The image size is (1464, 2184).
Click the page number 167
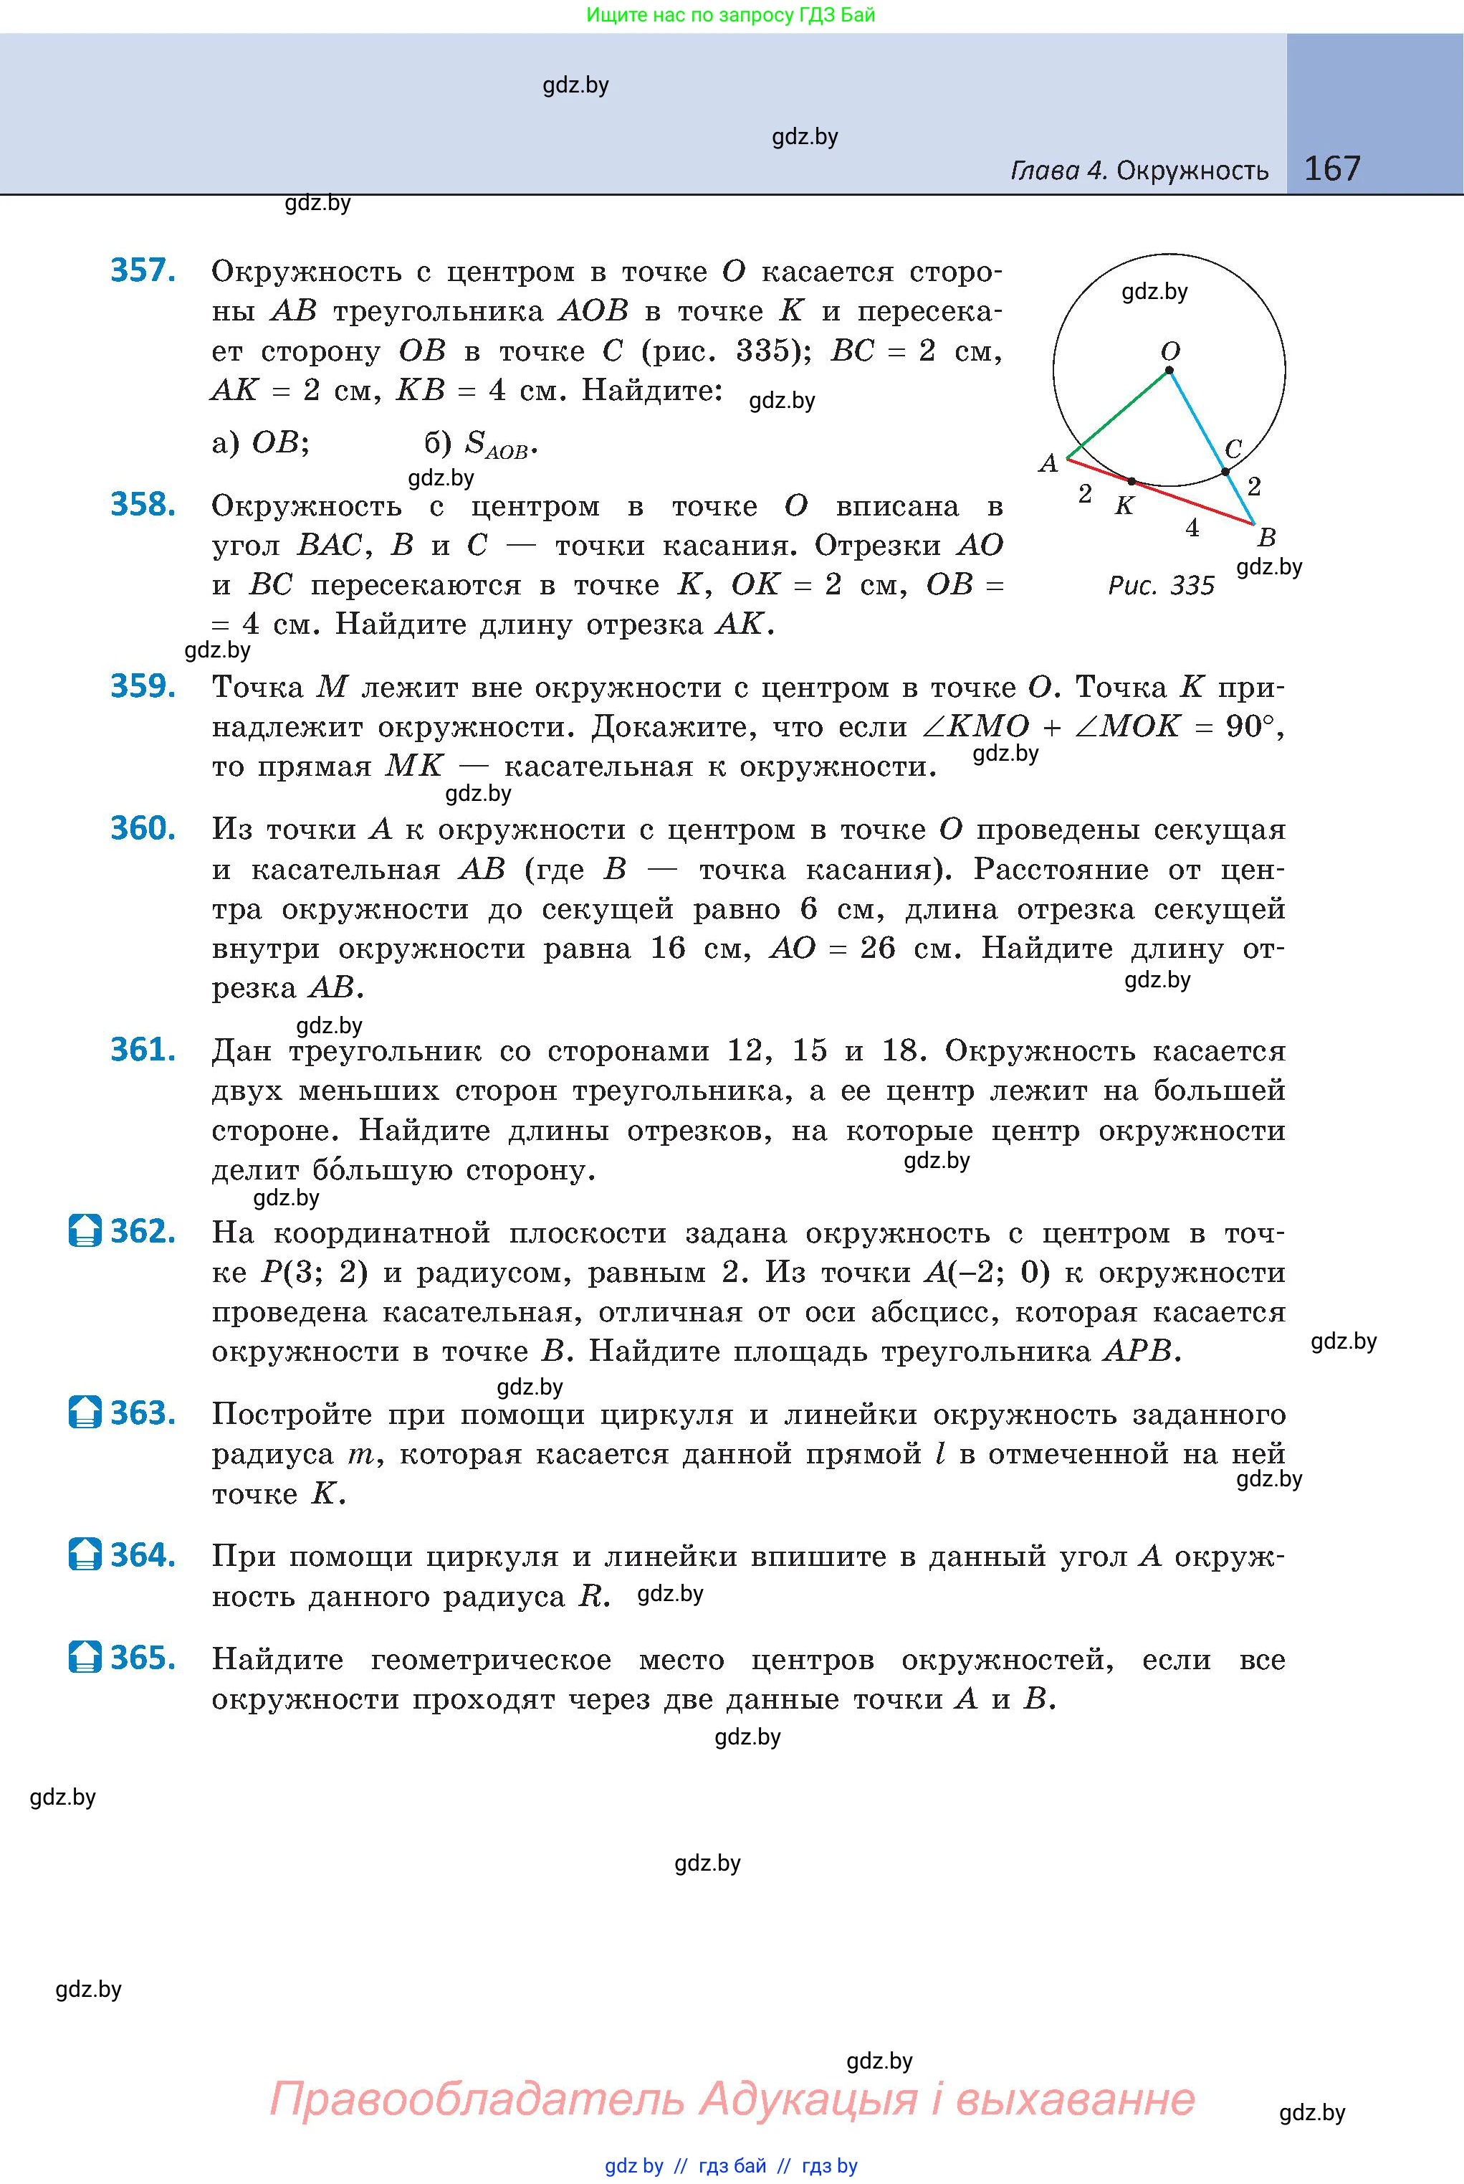click(x=1331, y=168)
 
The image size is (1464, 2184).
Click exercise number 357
click(x=143, y=270)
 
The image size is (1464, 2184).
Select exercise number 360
click(x=143, y=829)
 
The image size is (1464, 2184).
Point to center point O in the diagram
click(x=1169, y=371)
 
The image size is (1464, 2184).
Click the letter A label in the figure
click(x=1048, y=463)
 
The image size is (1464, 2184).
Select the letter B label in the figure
click(x=1267, y=537)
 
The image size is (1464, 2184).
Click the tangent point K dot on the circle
click(x=1132, y=482)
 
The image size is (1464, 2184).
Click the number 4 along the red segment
click(x=1192, y=528)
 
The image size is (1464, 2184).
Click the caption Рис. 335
click(x=1161, y=586)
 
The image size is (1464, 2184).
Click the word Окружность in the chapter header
click(x=1192, y=171)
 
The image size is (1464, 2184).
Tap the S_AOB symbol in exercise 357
click(x=496, y=445)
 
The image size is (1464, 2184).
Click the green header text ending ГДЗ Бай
click(x=731, y=15)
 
